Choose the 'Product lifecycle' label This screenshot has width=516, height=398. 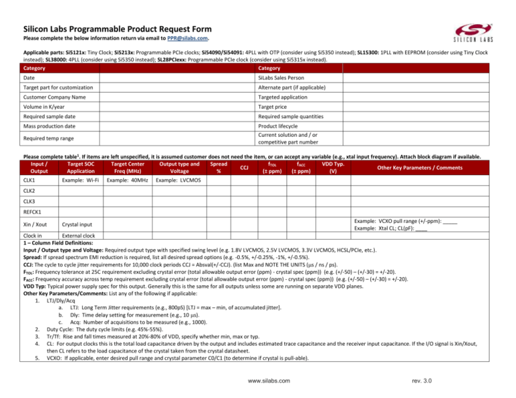tap(283, 126)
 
